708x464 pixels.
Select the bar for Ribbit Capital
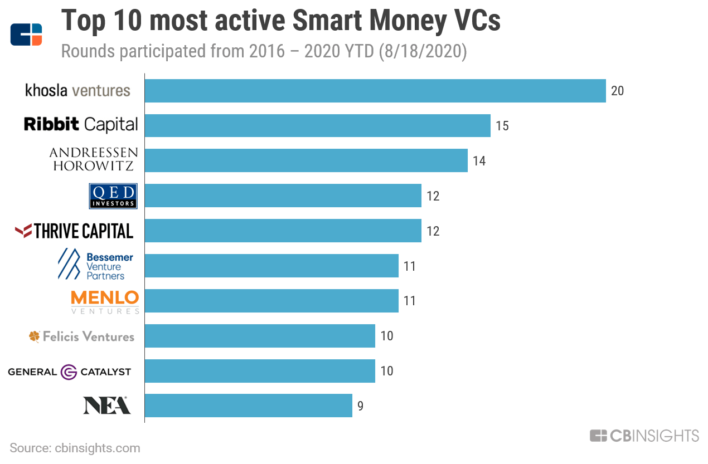pyautogui.click(x=317, y=126)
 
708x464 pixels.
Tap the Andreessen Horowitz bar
pyautogui.click(x=305, y=160)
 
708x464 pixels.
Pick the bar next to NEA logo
pyautogui.click(x=248, y=406)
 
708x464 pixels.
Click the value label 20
pyautogui.click(x=617, y=91)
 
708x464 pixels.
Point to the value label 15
pyautogui.click(x=502, y=126)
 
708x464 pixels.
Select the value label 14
pyautogui.click(x=479, y=161)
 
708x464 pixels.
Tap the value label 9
pyautogui.click(x=360, y=406)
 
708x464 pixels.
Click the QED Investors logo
pyautogui.click(x=113, y=196)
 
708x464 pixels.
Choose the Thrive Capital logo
pyautogui.click(x=74, y=231)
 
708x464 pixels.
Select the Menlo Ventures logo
pyautogui.click(x=105, y=301)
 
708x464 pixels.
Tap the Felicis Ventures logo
pyautogui.click(x=81, y=336)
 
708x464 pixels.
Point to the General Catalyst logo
pyautogui.click(x=70, y=372)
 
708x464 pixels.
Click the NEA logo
pyautogui.click(x=107, y=406)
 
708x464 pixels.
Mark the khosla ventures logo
pyautogui.click(x=77, y=90)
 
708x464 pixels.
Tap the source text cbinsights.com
pyautogui.click(x=98, y=448)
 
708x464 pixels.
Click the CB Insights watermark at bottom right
pyautogui.click(x=644, y=436)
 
